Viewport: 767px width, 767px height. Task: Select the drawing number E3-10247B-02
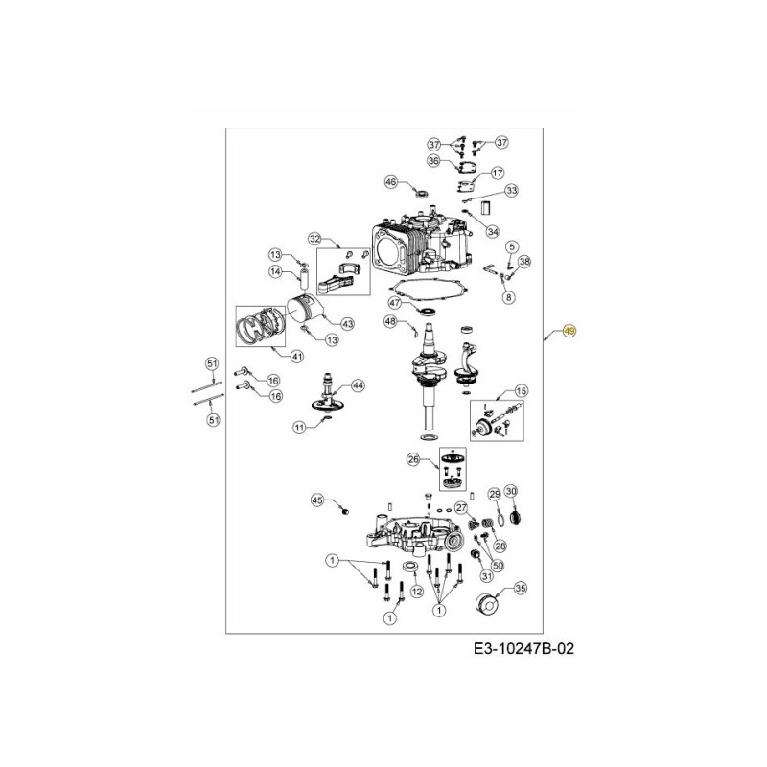click(525, 650)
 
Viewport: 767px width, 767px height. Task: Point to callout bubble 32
click(314, 239)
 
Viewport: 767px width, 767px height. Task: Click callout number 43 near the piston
click(347, 323)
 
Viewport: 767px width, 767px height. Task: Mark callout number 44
click(358, 385)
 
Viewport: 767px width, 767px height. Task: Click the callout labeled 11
click(300, 426)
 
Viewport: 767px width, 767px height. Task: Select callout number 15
click(522, 390)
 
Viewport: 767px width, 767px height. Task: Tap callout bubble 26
click(414, 459)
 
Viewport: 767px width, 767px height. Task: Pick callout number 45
click(317, 500)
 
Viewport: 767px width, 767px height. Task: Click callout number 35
click(521, 588)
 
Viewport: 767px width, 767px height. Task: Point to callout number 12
click(416, 592)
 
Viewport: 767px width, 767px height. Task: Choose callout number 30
click(511, 492)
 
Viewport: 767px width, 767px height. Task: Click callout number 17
click(498, 174)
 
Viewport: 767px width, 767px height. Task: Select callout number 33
click(511, 191)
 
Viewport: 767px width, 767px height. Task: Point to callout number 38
click(523, 261)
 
